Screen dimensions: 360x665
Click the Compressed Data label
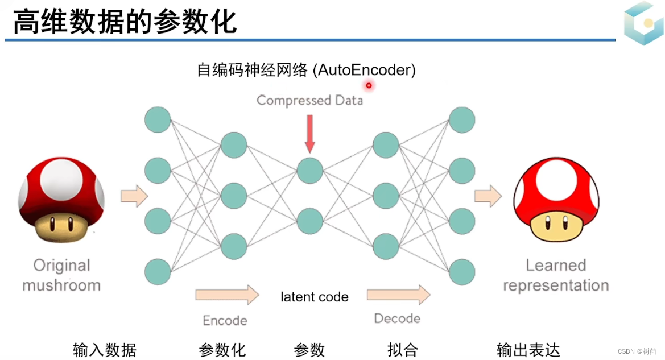pyautogui.click(x=309, y=101)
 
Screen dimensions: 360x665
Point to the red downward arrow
pyautogui.click(x=309, y=134)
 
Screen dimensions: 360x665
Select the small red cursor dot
pyautogui.click(x=369, y=85)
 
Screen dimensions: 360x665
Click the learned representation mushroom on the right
pyautogui.click(x=556, y=201)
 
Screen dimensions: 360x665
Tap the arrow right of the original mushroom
pyautogui.click(x=134, y=196)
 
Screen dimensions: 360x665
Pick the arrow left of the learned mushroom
pyautogui.click(x=488, y=196)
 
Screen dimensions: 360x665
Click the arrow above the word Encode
pyautogui.click(x=226, y=295)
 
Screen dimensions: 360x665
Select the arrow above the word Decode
pyautogui.click(x=398, y=295)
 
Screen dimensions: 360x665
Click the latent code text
pyautogui.click(x=314, y=297)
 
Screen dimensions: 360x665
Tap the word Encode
pyautogui.click(x=225, y=320)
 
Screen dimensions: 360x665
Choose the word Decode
pyautogui.click(x=397, y=318)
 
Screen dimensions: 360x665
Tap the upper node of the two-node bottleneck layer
pyautogui.click(x=309, y=170)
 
